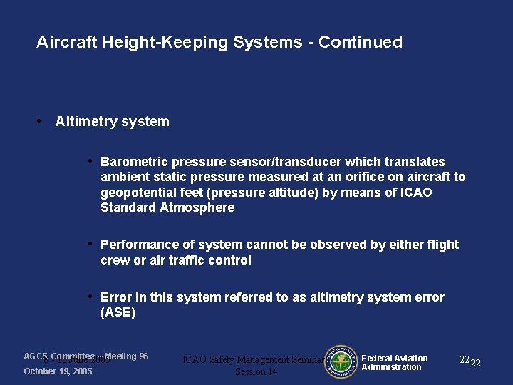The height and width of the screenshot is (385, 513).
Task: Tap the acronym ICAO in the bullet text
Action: (x=416, y=192)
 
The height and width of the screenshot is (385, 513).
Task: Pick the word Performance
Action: (x=138, y=245)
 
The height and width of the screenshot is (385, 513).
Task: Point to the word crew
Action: (x=115, y=260)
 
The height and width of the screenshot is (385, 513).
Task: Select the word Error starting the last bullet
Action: (x=116, y=297)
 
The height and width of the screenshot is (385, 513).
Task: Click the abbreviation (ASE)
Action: (x=118, y=312)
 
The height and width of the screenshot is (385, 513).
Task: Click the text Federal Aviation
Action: (x=395, y=359)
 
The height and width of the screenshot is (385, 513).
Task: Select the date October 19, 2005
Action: (x=58, y=371)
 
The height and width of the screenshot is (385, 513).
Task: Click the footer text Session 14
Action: (x=256, y=372)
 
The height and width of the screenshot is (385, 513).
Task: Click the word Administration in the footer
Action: (x=392, y=367)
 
